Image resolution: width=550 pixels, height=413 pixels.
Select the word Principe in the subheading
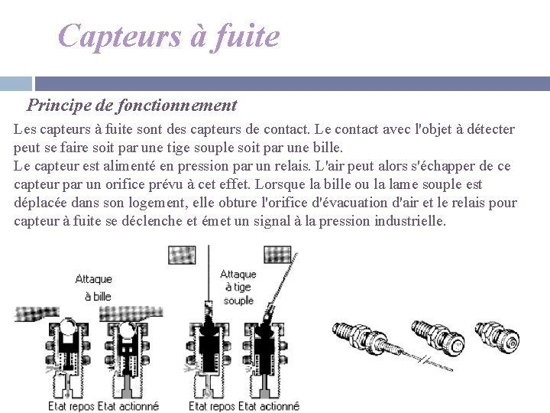pyautogui.click(x=60, y=105)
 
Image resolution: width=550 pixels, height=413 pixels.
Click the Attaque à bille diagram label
pyautogui.click(x=93, y=288)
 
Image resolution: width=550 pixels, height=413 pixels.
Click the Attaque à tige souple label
pyautogui.click(x=238, y=287)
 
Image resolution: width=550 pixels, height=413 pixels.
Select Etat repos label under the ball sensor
pyautogui.click(x=71, y=405)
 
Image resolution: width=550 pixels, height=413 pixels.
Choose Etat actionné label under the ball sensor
pyautogui.click(x=129, y=405)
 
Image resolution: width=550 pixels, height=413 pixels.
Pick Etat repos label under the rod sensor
pyautogui.click(x=212, y=405)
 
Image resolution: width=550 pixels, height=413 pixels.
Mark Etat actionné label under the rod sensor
pyautogui.click(x=269, y=405)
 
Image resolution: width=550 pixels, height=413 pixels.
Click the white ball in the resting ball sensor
pyautogui.click(x=73, y=330)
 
